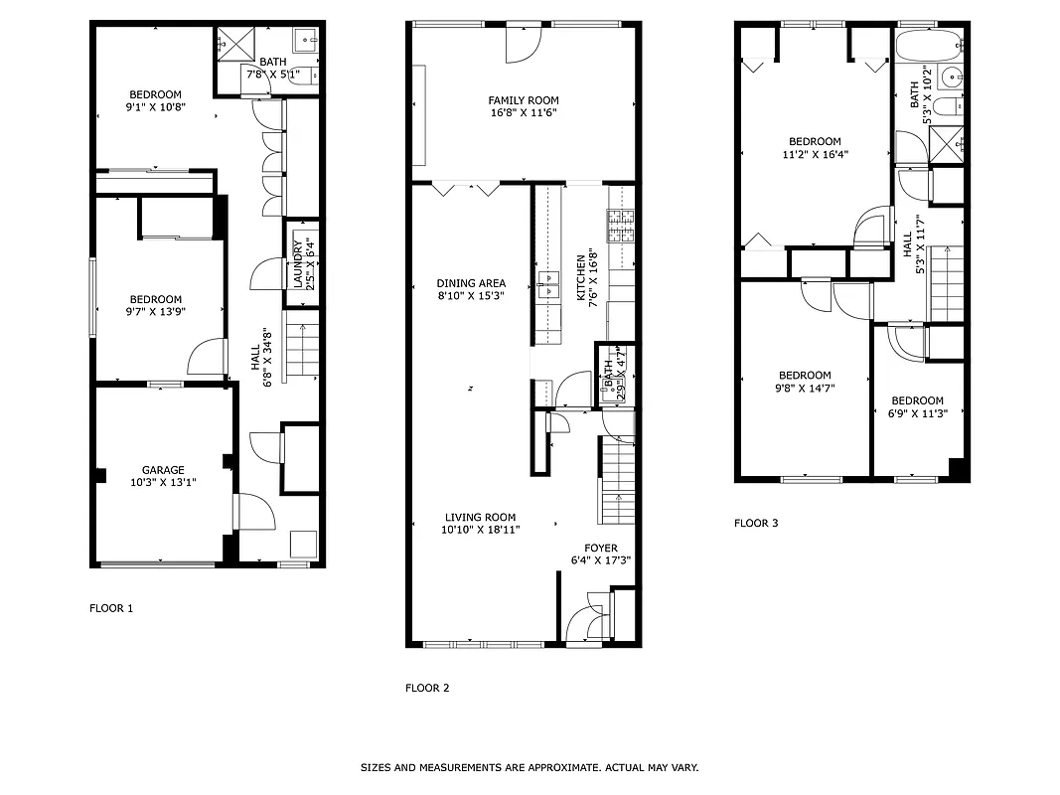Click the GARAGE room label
(x=162, y=470)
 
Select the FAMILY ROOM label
(x=523, y=100)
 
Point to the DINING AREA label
(x=471, y=283)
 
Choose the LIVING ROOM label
(x=481, y=517)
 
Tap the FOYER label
(x=600, y=548)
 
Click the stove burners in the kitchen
(x=621, y=227)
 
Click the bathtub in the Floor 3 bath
(x=929, y=46)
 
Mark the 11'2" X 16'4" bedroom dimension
(x=815, y=154)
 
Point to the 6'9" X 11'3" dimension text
(x=917, y=413)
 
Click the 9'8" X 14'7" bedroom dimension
(x=804, y=389)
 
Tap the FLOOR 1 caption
(x=111, y=608)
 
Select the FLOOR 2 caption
(x=427, y=688)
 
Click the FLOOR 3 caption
(x=756, y=523)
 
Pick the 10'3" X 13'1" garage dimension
(x=162, y=483)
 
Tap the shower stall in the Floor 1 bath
(x=235, y=43)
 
